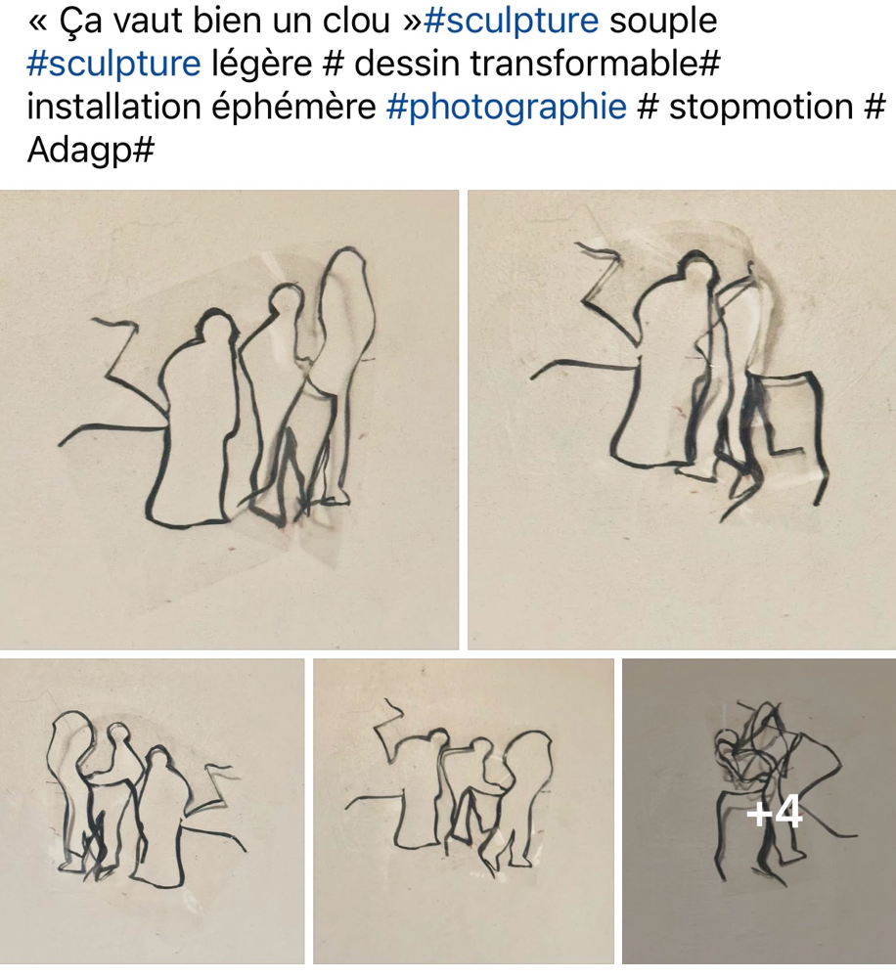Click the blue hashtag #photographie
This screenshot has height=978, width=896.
(506, 107)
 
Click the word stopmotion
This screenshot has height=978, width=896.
(761, 106)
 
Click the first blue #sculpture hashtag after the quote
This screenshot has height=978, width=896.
(511, 22)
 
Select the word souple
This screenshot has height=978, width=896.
(663, 22)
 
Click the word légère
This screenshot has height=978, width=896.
(262, 65)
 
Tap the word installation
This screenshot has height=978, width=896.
(113, 106)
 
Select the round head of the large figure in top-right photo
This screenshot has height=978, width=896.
(694, 265)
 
